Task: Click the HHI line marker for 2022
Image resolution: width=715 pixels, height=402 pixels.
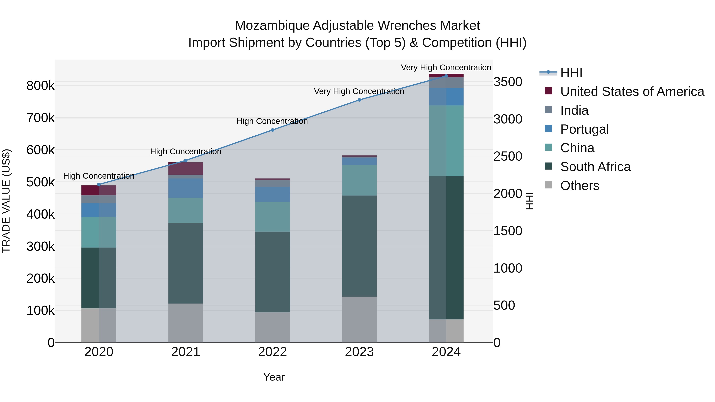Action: coord(272,130)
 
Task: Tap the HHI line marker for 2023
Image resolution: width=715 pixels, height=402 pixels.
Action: coord(359,100)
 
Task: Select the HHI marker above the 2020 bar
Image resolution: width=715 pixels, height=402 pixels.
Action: coord(99,184)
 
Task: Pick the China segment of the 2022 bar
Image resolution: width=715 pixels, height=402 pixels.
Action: coord(272,217)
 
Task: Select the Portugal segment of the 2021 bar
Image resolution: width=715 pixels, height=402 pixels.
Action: coord(186,188)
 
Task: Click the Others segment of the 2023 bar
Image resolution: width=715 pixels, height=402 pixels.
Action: coord(359,319)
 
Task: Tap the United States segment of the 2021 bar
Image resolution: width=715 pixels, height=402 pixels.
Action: coord(186,168)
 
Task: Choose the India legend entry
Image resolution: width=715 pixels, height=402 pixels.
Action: coord(574,110)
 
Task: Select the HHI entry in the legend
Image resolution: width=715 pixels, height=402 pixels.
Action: coord(571,73)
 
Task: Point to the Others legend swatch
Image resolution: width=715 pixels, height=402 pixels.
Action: coord(548,185)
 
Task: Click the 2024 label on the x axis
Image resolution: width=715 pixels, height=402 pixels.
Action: coord(446,352)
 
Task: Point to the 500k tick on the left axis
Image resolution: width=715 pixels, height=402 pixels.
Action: coord(41,182)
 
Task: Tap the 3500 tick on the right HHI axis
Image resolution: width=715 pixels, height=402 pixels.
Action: coord(508,82)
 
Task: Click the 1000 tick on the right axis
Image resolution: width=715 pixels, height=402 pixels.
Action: coord(508,268)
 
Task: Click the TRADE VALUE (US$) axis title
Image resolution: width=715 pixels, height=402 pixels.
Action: coord(6,201)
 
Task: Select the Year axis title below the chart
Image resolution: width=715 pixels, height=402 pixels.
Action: coord(274,377)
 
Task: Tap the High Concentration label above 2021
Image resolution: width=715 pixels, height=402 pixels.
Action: coord(186,151)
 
